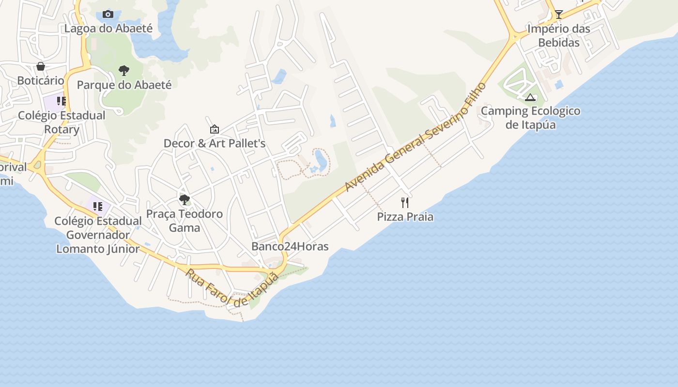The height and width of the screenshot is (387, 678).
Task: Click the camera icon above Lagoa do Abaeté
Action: click(x=108, y=15)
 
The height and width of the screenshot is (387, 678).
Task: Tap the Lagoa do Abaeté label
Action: click(x=108, y=29)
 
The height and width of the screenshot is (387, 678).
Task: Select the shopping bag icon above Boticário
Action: click(x=41, y=66)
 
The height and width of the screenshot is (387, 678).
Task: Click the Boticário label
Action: click(x=41, y=80)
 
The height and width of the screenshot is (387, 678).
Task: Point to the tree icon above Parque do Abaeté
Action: click(x=124, y=71)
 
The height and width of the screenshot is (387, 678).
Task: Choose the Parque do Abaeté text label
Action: click(x=124, y=85)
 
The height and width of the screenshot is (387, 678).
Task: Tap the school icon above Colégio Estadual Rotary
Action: click(x=62, y=101)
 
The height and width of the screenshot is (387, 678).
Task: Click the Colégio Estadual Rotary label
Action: click(x=62, y=122)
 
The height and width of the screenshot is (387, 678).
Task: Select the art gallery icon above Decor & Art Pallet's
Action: click(x=214, y=129)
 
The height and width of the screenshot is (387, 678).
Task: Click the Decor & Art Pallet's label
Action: click(x=214, y=144)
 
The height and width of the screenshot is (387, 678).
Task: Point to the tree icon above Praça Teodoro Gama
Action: click(x=184, y=199)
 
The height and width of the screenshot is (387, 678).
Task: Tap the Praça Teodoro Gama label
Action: click(x=184, y=221)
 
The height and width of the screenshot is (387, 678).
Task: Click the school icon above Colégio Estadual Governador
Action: click(x=98, y=207)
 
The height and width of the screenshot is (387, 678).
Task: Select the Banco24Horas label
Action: click(x=290, y=247)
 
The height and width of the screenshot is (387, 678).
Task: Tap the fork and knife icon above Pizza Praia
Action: click(x=405, y=202)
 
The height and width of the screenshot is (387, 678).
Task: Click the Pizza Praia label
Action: click(x=405, y=217)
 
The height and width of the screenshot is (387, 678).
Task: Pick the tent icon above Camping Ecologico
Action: click(x=530, y=97)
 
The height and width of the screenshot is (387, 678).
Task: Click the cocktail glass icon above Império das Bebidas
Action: click(x=558, y=15)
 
